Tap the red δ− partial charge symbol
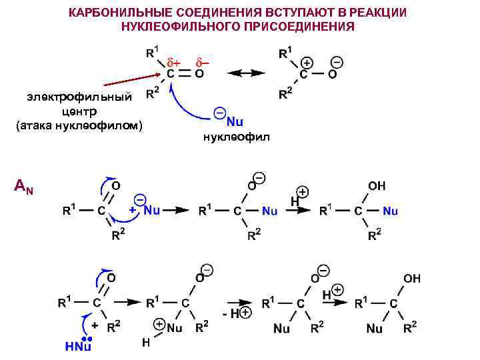(202, 62)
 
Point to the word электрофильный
(80, 97)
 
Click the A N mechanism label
(24, 189)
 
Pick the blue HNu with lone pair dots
(78, 345)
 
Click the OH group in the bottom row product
(412, 278)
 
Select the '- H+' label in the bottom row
(237, 313)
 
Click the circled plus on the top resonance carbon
(307, 62)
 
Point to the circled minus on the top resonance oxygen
(337, 62)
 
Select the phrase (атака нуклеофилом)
(79, 124)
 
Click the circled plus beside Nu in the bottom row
(160, 323)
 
